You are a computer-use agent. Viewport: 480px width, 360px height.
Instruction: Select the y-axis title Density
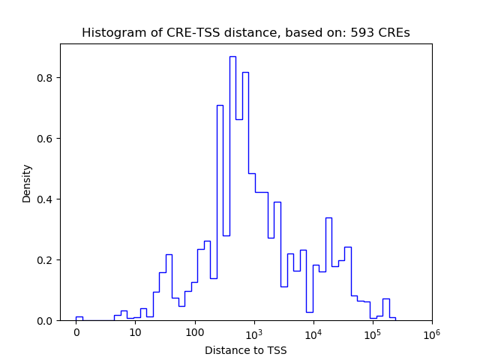[x=27, y=183]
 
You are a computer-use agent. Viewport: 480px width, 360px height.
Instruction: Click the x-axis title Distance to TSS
[x=246, y=350]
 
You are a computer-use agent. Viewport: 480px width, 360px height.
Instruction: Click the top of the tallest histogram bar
[x=232, y=57]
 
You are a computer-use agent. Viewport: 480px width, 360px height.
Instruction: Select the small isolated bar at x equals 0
[x=79, y=318]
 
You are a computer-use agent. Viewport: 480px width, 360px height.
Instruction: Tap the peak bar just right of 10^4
[x=328, y=218]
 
